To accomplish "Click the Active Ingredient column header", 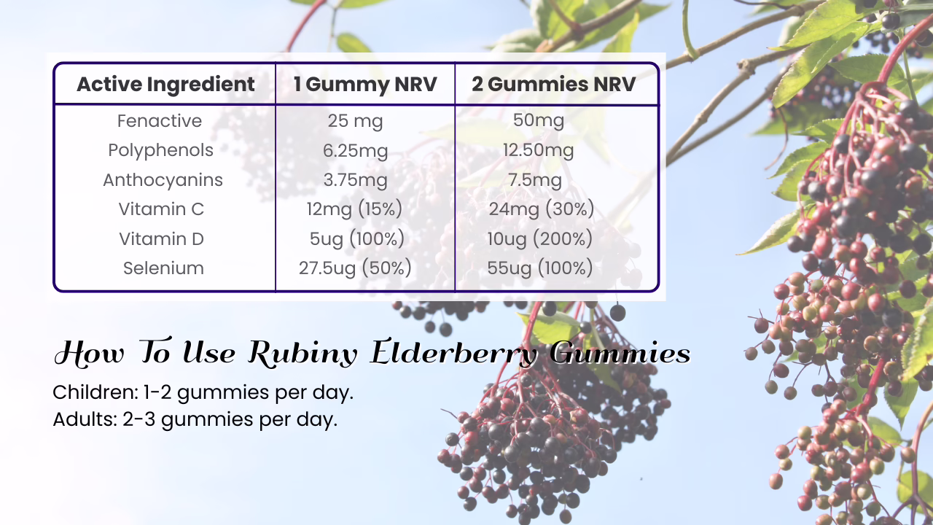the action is [x=165, y=84].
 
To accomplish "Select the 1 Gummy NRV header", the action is [x=365, y=84].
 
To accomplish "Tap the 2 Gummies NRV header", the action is [x=553, y=84].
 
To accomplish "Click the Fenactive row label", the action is [x=160, y=121].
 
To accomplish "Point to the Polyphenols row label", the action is [x=161, y=150].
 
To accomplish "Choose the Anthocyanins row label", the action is [x=163, y=180].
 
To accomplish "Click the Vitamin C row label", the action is [x=161, y=209].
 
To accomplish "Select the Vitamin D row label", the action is [x=161, y=238].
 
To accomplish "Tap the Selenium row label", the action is [x=163, y=268].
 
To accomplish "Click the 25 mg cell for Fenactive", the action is [x=355, y=121].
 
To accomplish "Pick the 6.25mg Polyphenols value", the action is [x=355, y=151].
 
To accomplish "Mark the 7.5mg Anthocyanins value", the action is [x=535, y=180].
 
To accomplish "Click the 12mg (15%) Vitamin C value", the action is [x=354, y=209].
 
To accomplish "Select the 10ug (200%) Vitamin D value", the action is [x=540, y=238].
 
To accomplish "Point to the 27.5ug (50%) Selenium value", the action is [x=355, y=268].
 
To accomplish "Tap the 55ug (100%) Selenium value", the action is [x=540, y=268].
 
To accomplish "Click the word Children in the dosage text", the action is [x=95, y=392].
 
